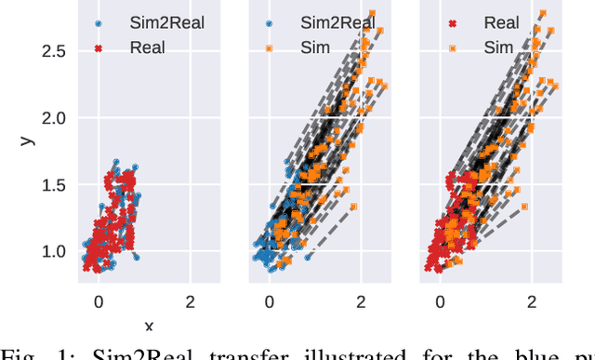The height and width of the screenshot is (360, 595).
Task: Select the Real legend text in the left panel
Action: pyautogui.click(x=148, y=47)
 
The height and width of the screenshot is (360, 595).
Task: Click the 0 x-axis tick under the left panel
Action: pyautogui.click(x=99, y=300)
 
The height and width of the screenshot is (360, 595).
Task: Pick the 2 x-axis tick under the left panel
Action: pyautogui.click(x=191, y=300)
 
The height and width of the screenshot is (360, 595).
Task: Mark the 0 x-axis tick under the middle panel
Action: pyautogui.click(x=270, y=300)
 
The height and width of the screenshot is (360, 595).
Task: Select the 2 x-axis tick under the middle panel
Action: pyautogui.click(x=361, y=300)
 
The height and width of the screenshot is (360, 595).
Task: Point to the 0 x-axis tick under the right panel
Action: pyautogui.click(x=440, y=300)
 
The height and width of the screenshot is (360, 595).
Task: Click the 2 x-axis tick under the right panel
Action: pyautogui.click(x=531, y=300)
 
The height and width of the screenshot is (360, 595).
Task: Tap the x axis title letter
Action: pyautogui.click(x=149, y=326)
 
